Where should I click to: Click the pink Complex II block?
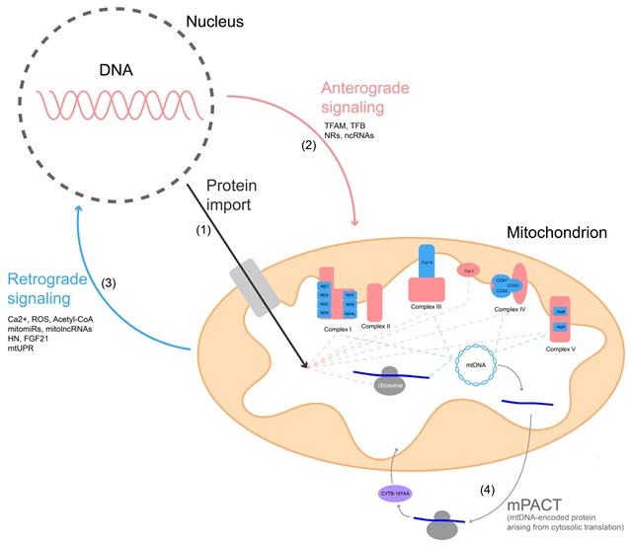click(x=374, y=301)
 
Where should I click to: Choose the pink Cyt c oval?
click(x=467, y=270)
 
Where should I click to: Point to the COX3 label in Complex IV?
click(x=513, y=285)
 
